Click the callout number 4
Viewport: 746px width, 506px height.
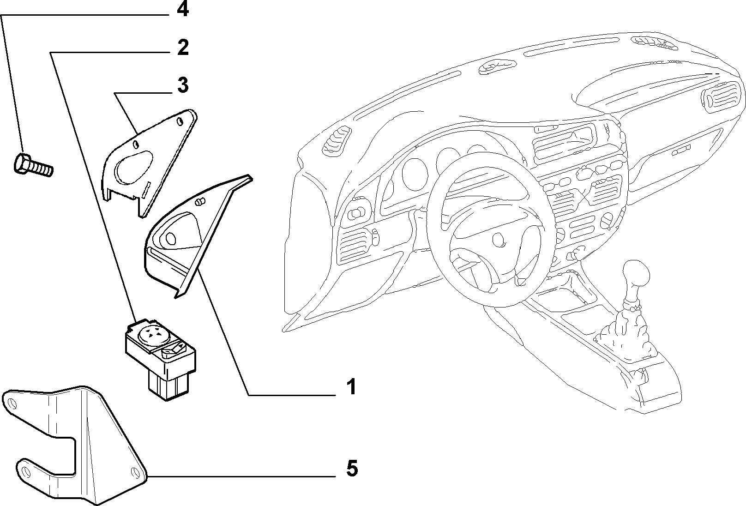point(183,9)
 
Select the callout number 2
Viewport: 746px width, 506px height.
point(183,48)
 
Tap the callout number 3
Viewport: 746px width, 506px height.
point(183,84)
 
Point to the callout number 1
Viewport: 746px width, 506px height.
point(351,387)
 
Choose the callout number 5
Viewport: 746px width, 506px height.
point(352,468)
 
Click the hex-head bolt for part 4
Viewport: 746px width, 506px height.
point(33,165)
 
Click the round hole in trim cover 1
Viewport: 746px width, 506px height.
point(170,238)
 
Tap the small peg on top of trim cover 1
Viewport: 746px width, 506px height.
point(200,201)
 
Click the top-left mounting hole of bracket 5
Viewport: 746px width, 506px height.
point(12,404)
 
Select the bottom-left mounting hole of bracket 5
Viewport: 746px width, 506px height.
point(26,472)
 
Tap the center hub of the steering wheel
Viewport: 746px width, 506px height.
point(499,239)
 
